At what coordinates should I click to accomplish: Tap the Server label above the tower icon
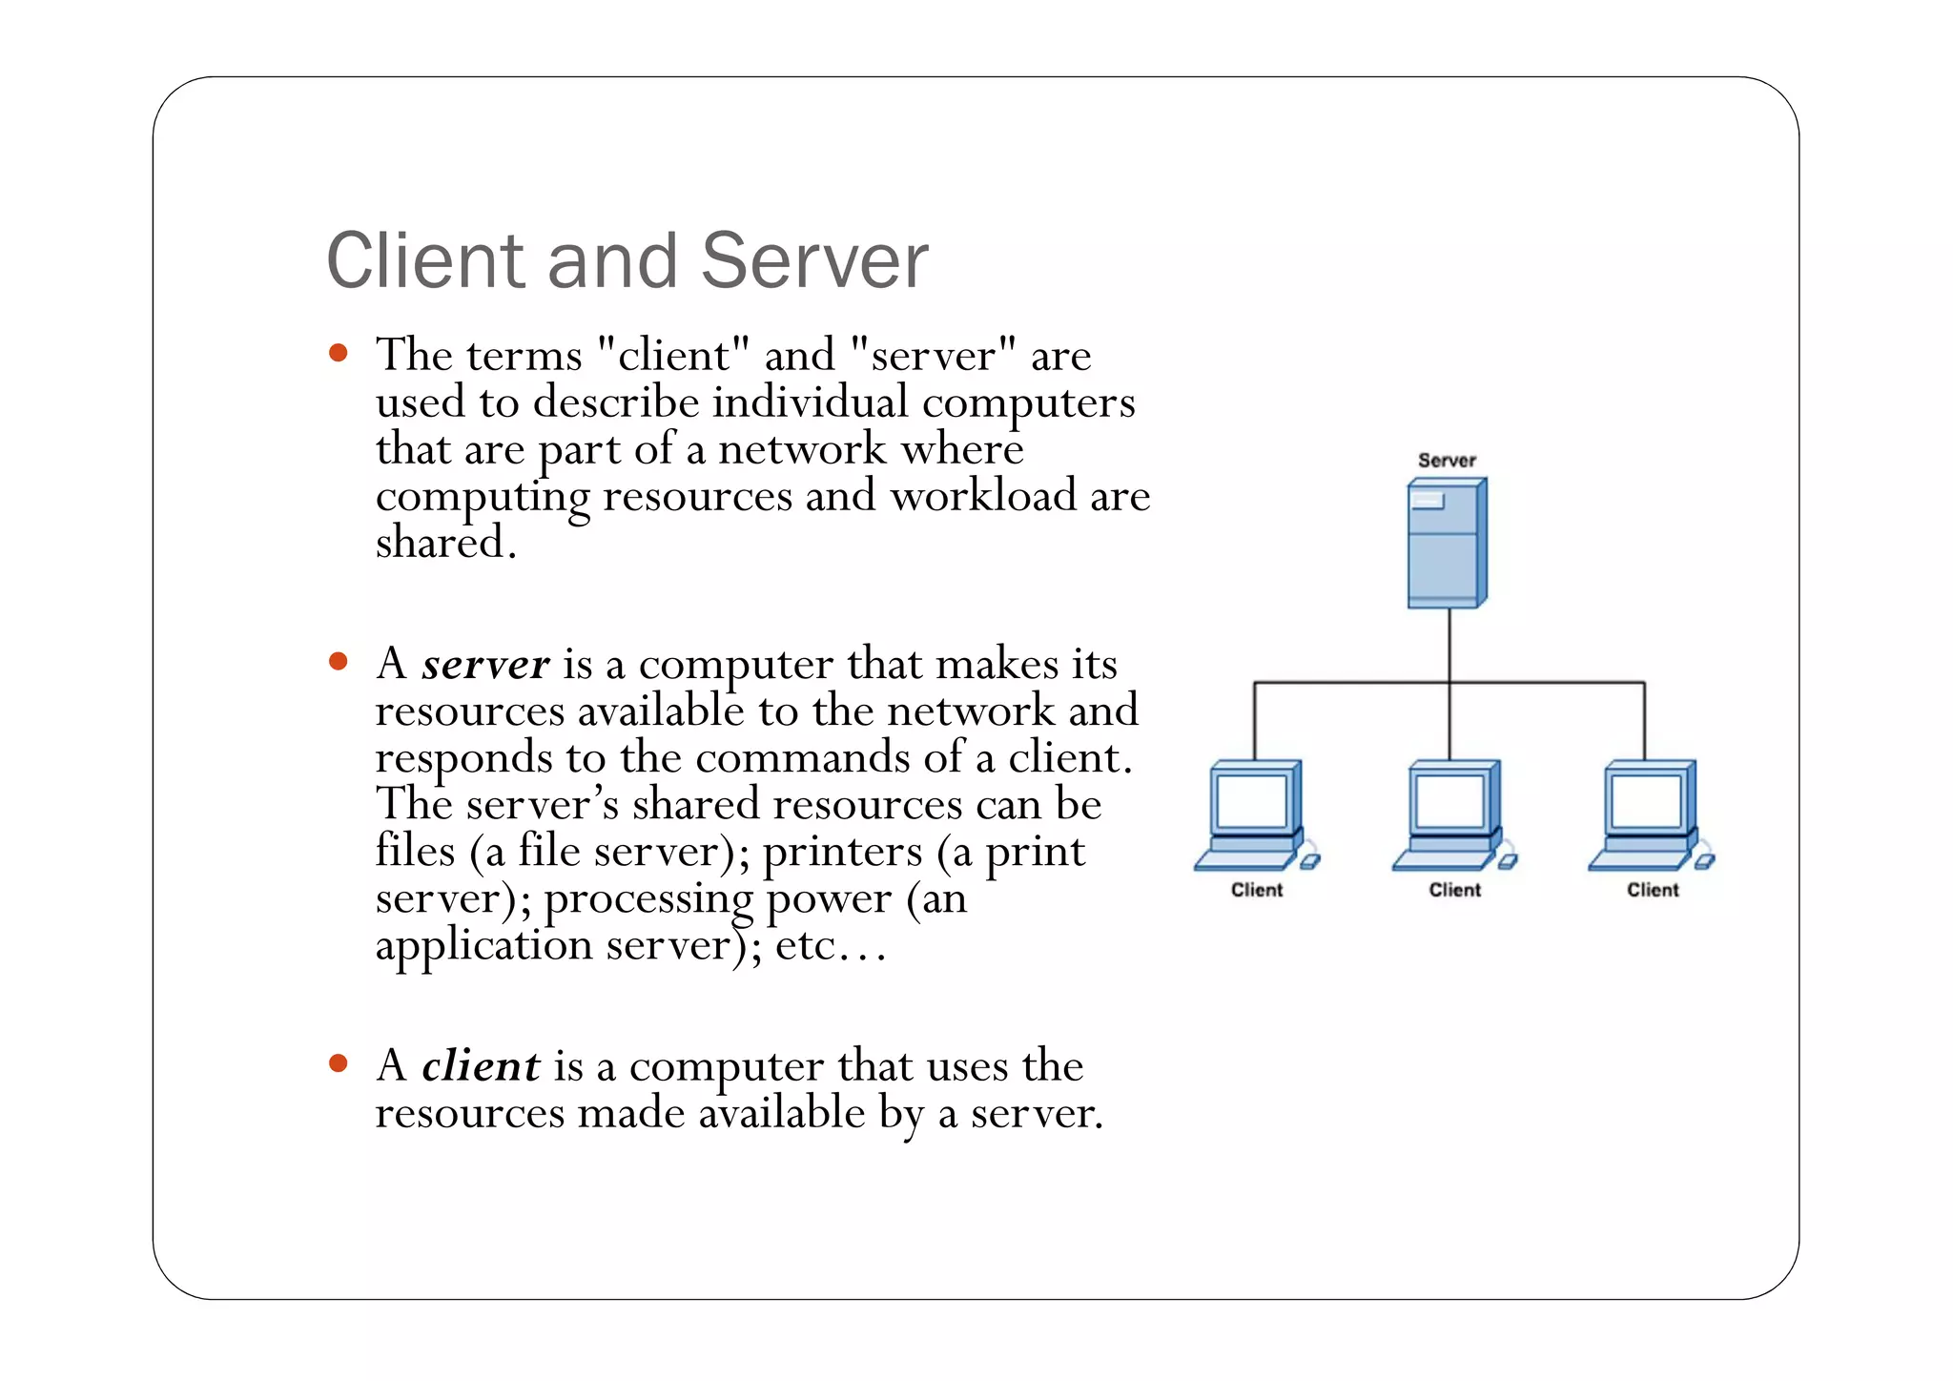[1446, 461]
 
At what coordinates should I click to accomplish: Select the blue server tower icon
[1447, 543]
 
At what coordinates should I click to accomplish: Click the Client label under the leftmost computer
[1257, 890]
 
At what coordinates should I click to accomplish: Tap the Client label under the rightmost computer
[1653, 890]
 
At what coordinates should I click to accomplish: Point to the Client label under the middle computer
[1454, 890]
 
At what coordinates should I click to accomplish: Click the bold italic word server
[485, 665]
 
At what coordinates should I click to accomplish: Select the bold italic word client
[481, 1066]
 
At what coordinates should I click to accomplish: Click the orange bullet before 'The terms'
[338, 354]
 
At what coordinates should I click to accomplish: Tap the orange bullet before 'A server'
[338, 661]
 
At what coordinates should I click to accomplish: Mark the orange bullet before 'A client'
[338, 1062]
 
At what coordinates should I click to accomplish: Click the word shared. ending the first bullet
[445, 544]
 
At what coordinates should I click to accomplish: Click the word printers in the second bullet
[842, 852]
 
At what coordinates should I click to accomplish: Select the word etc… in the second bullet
[831, 946]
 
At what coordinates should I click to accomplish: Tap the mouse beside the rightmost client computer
[1704, 861]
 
